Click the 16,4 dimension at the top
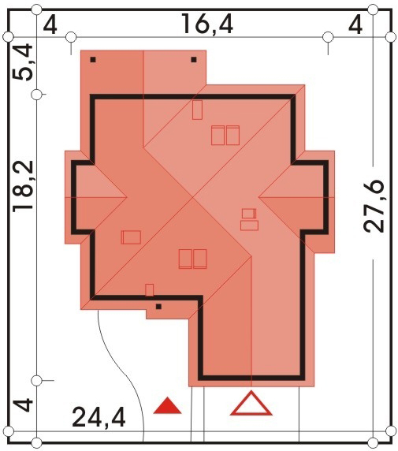207,24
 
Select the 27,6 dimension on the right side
374,206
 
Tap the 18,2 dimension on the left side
24,186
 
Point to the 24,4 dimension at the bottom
99,418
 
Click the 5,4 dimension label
23,61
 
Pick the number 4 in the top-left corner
50,26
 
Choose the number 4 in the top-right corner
355,26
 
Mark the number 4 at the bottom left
24,404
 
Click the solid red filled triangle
167,405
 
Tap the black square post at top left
93,60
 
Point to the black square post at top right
194,60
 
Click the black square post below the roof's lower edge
158,307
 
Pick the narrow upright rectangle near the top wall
197,110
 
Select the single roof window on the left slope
131,237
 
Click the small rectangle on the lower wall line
150,290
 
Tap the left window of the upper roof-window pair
218,135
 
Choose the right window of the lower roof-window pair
200,259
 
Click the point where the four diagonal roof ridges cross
193,198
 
